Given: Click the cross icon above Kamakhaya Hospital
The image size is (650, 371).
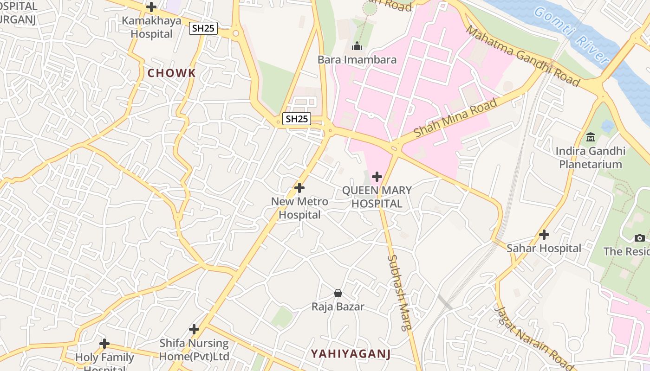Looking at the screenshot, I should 151,7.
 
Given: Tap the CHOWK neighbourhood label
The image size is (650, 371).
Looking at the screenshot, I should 172,73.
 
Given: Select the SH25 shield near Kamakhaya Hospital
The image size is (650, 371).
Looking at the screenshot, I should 203,28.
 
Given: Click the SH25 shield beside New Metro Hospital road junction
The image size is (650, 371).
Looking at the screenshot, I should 297,119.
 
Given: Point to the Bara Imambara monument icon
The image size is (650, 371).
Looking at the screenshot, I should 357,46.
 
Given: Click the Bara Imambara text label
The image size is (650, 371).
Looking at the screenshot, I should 357,60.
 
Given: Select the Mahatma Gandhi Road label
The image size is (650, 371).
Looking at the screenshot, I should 523,56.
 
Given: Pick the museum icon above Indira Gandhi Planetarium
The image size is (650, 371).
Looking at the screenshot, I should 591,137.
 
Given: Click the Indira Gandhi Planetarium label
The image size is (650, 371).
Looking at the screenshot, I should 591,158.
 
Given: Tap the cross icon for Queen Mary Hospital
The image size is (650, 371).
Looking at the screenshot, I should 377,177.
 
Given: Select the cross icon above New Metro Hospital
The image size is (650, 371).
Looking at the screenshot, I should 299,188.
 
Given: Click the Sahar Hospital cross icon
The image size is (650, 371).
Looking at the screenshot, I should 544,235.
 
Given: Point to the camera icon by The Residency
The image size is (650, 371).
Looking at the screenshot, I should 640,238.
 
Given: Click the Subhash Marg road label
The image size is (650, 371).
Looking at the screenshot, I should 400,292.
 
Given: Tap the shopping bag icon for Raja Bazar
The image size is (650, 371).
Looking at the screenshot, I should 338,293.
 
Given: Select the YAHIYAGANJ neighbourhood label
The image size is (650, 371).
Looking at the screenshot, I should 351,354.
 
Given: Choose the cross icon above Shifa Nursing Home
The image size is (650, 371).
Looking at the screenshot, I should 194,329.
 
